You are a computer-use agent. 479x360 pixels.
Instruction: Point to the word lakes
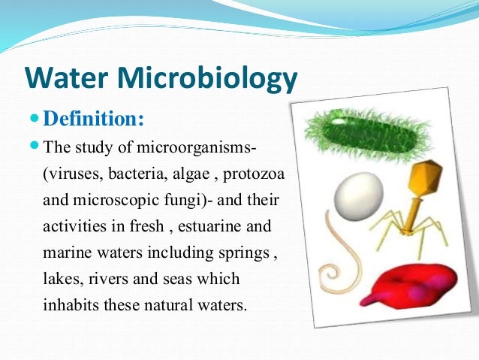62,280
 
